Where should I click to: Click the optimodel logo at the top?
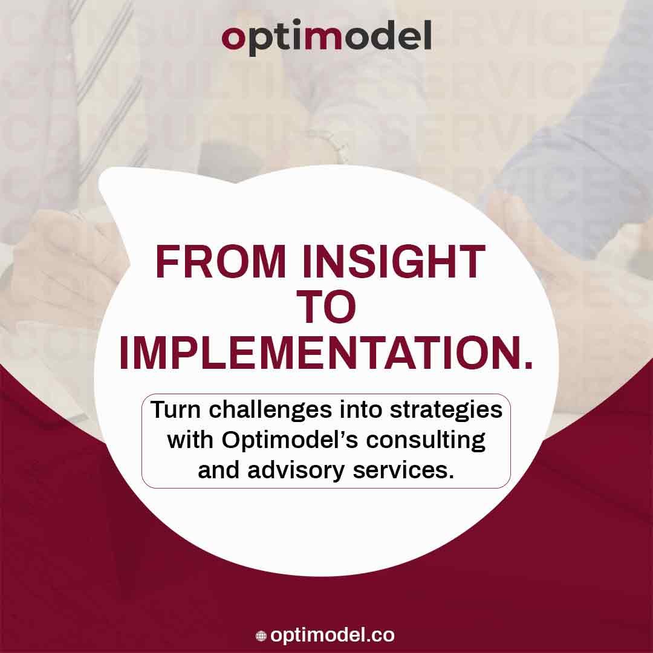click(326, 37)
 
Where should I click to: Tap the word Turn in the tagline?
click(175, 409)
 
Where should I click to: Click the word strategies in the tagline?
click(446, 411)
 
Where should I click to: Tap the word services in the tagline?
click(403, 470)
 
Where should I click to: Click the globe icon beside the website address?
click(261, 636)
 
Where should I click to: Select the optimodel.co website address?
click(332, 635)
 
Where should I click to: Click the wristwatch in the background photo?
click(329, 146)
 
